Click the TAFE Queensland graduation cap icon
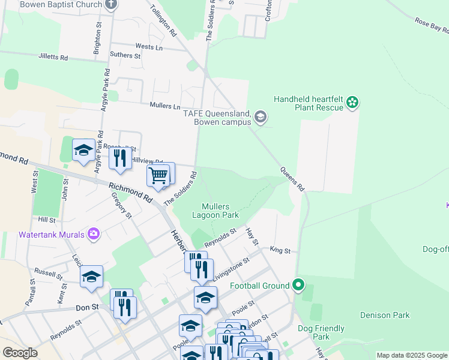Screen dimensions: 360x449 coord(261,116)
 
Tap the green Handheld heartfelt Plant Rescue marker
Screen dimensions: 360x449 coord(352,103)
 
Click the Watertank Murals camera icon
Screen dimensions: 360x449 coord(94,234)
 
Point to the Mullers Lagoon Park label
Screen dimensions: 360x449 coord(215,211)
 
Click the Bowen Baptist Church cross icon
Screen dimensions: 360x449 coord(110,4)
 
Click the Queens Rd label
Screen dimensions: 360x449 coord(292,179)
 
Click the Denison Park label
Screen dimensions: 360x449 coord(384,315)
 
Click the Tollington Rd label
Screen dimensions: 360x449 coord(163,20)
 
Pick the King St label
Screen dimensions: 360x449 coord(280,250)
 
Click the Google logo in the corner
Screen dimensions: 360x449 coord(20,353)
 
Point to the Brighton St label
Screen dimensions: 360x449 coord(97,40)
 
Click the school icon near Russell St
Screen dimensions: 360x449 coord(91,276)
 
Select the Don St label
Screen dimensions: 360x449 coord(87,307)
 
